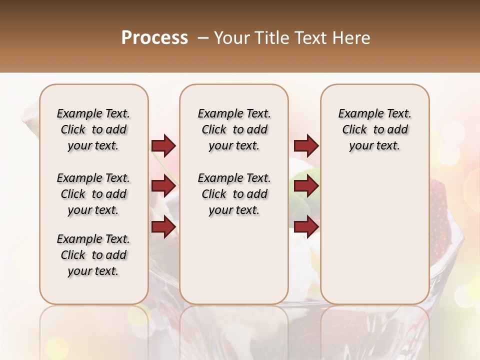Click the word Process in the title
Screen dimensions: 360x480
point(154,37)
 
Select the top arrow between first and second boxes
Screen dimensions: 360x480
point(163,145)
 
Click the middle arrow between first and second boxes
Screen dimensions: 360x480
point(163,186)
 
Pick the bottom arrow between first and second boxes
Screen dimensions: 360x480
point(163,227)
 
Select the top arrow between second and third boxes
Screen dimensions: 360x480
point(306,145)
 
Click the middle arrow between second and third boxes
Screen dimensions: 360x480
point(306,186)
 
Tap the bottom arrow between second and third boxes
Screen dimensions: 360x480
point(306,227)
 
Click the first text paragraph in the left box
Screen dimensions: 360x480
point(93,129)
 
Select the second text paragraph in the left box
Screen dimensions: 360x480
point(93,194)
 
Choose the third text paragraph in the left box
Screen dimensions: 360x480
point(93,255)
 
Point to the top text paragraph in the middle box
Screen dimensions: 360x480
point(234,129)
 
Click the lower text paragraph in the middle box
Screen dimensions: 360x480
point(234,194)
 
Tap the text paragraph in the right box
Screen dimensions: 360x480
point(374,129)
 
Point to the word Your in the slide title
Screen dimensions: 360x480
point(230,38)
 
